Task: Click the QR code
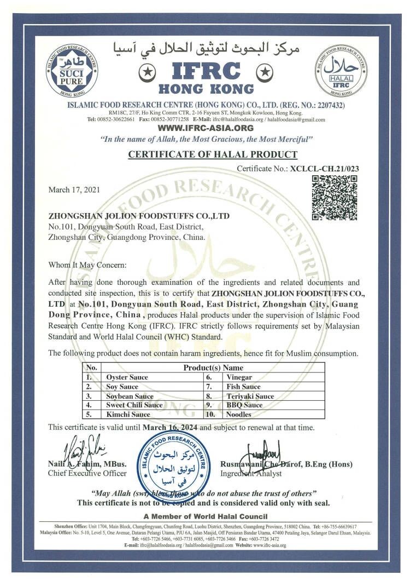(335, 198)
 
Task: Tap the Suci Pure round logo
(72, 71)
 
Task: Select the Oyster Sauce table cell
(127, 377)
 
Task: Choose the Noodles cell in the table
(238, 415)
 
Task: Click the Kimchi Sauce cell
(128, 415)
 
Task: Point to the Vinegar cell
(239, 377)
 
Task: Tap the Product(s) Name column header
(213, 368)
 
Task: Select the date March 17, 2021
(74, 190)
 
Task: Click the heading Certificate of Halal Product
(213, 154)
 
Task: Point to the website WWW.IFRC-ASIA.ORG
(205, 128)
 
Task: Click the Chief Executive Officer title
(87, 473)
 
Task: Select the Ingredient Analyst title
(251, 473)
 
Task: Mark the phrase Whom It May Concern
(87, 265)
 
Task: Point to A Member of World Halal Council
(205, 516)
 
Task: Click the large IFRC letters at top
(206, 71)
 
